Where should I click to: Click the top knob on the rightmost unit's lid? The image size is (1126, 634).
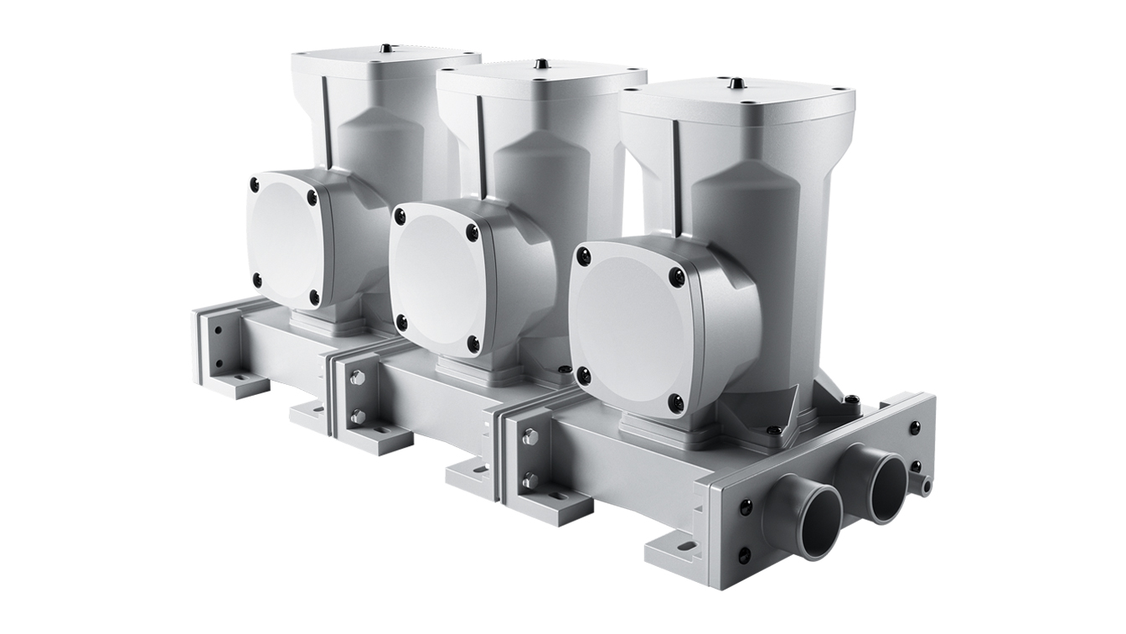(x=735, y=84)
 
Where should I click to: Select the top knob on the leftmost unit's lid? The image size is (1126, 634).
(x=385, y=49)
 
